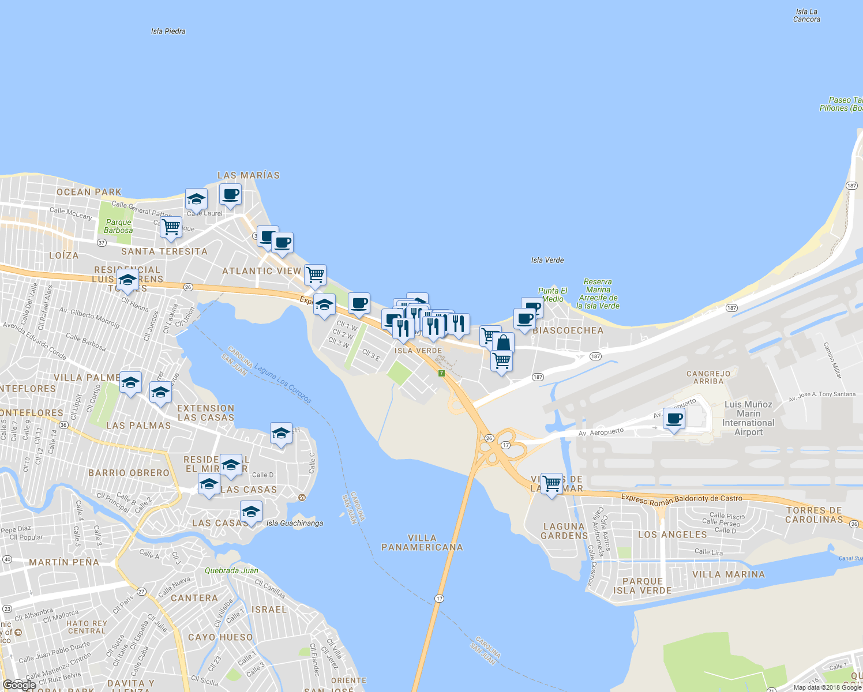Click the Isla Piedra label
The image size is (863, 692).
168,31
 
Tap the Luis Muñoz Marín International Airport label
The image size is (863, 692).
748,418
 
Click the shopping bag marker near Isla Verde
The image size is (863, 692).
503,344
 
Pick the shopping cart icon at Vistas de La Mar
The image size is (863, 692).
552,483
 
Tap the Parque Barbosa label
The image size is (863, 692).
118,226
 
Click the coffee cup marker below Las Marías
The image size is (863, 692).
230,195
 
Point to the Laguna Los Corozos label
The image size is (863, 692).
283,383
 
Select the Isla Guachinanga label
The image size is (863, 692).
295,523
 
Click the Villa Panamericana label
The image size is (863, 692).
422,543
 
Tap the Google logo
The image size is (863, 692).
19,685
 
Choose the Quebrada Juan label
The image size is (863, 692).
231,570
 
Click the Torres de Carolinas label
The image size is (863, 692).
814,515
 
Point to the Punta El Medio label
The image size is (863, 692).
553,295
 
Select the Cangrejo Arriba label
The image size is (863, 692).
708,377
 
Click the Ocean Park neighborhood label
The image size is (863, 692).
89,192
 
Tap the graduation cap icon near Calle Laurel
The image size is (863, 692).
196,200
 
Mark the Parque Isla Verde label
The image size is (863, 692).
643,586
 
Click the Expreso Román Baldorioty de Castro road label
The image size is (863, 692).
682,499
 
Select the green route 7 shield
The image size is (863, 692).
442,373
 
